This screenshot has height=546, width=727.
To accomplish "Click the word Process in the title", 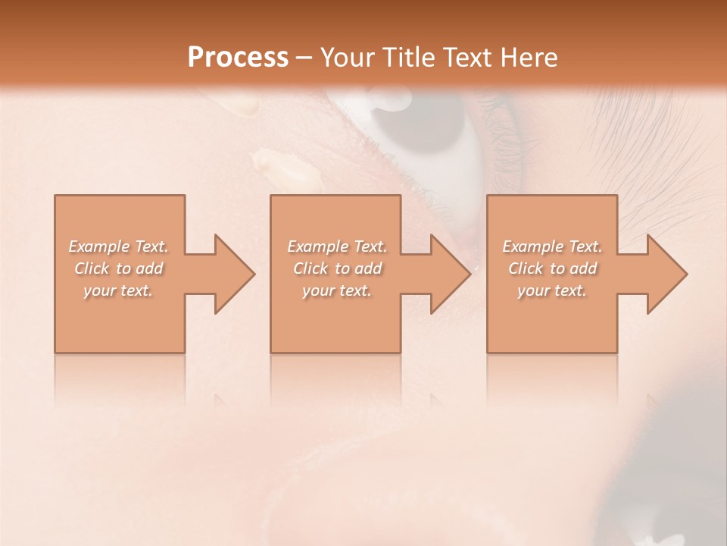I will (238, 58).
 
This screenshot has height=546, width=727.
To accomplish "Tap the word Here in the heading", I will (529, 58).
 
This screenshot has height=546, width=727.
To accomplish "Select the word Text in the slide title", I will (470, 58).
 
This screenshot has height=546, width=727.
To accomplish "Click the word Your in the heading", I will (348, 58).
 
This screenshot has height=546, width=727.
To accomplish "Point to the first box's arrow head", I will (235, 274).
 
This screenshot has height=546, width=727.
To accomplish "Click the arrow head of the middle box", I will (451, 274).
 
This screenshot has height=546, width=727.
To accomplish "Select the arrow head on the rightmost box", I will (667, 274).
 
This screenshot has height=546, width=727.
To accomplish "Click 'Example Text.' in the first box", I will (119, 246).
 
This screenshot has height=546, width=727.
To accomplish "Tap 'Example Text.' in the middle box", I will (337, 246).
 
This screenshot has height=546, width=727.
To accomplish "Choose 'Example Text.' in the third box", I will (552, 246).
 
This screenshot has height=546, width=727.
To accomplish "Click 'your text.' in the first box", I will (119, 290).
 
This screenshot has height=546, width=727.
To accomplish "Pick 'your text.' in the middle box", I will (337, 290).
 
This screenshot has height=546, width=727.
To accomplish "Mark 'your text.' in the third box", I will (552, 290).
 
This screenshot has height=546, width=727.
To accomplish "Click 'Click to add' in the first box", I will (119, 268).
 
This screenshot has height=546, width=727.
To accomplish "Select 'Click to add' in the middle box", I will (337, 268).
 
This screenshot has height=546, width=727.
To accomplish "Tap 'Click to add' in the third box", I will (552, 268).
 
